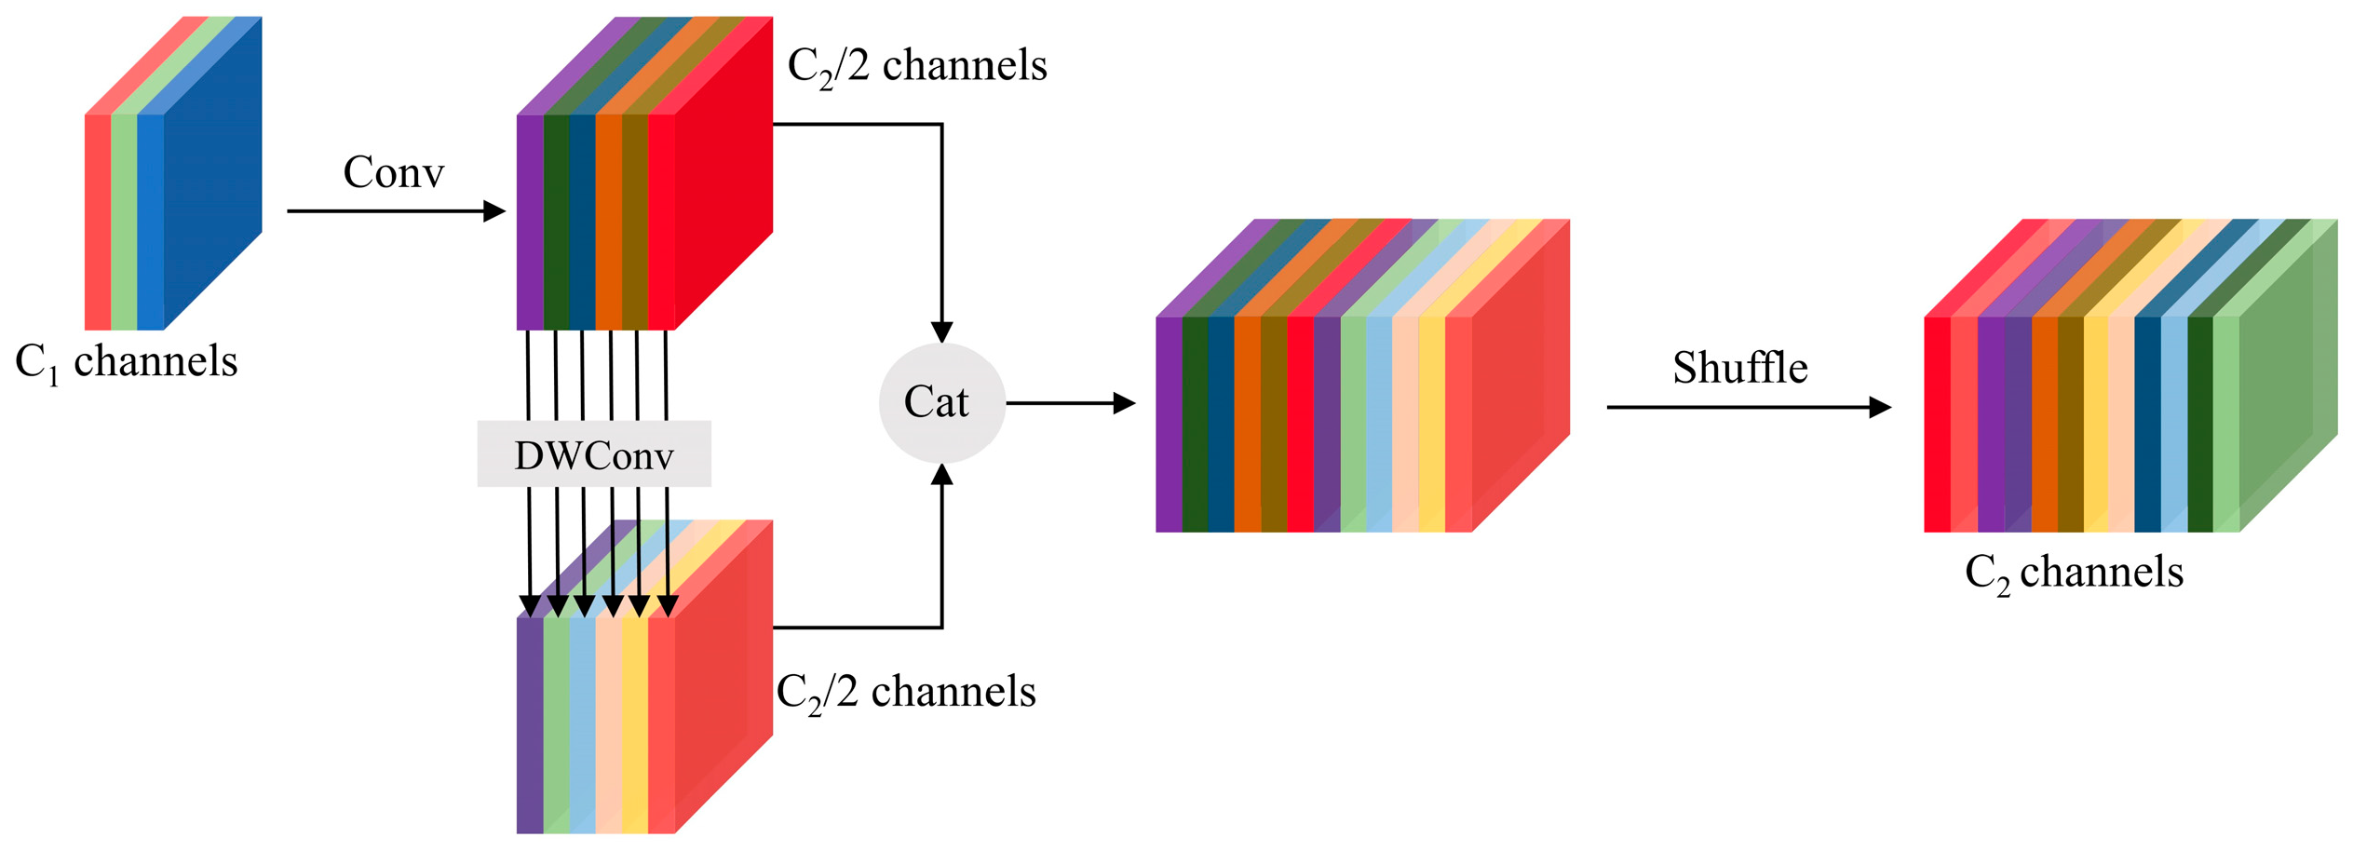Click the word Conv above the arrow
click(393, 172)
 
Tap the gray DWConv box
click(594, 453)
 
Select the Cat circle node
click(941, 402)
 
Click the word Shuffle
click(1739, 368)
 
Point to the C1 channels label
click(127, 362)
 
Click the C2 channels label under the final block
click(2073, 573)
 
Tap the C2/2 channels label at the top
click(917, 66)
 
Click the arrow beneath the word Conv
click(395, 211)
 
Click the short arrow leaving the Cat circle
click(1070, 403)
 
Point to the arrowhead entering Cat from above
click(941, 331)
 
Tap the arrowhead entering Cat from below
click(941, 475)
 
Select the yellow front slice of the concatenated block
click(1431, 424)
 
